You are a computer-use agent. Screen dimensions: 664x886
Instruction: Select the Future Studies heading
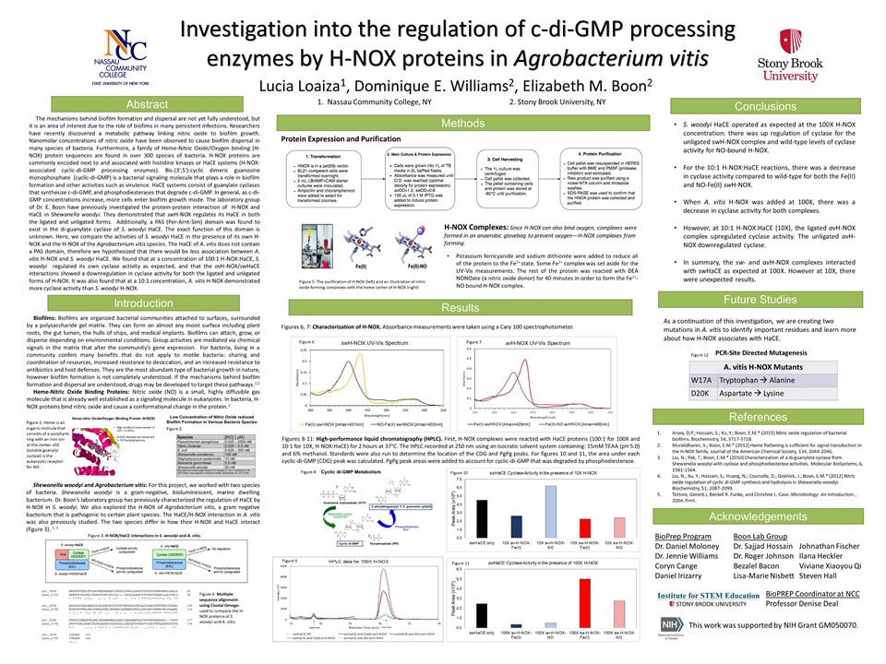[766, 300]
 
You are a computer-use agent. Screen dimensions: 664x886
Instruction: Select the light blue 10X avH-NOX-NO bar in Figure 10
[550, 511]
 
